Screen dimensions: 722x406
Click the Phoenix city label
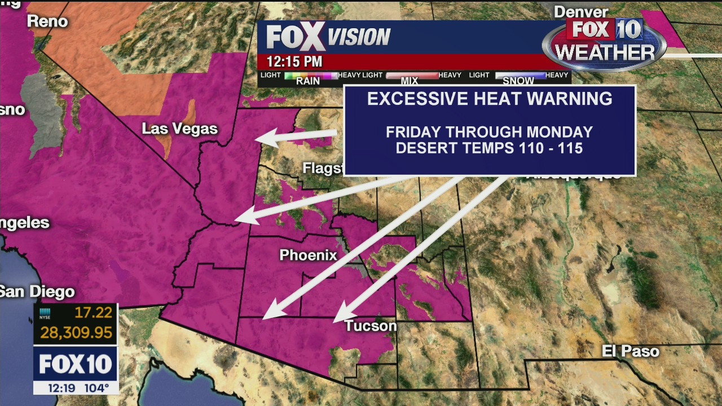(x=308, y=255)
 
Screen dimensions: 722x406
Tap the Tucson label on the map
(x=371, y=326)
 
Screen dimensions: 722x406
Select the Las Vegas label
(x=179, y=129)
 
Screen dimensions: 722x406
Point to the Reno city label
(x=47, y=21)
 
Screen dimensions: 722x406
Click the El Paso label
(x=630, y=351)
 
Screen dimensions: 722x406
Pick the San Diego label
(x=37, y=292)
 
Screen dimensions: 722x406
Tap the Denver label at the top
(x=581, y=12)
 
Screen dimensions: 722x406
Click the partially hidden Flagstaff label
(x=323, y=168)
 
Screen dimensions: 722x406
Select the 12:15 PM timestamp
(x=294, y=61)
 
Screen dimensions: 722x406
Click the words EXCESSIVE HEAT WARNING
(x=490, y=99)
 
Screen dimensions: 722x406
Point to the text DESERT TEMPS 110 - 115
(x=489, y=148)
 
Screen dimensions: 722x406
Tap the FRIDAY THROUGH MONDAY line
(x=489, y=133)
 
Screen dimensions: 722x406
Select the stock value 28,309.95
(x=76, y=333)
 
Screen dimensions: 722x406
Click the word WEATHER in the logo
(x=604, y=52)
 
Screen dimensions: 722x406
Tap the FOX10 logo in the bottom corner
(x=76, y=364)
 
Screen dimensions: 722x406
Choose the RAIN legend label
(x=308, y=81)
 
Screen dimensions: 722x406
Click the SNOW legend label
(x=518, y=81)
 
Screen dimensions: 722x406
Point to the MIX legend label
(x=410, y=81)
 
